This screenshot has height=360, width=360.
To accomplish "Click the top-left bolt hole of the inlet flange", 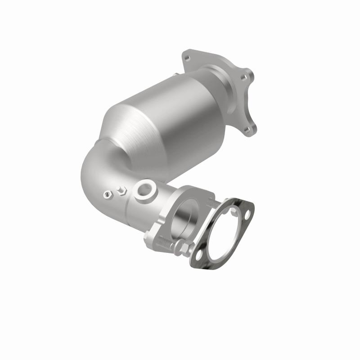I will coord(188,58).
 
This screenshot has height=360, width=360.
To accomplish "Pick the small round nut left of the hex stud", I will coord(107,194).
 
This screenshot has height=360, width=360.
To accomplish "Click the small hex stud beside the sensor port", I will coord(121,191).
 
